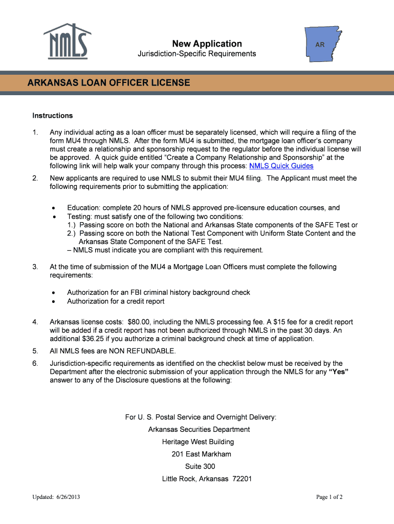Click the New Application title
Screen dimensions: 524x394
point(207,43)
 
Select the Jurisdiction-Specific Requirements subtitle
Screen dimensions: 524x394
point(197,54)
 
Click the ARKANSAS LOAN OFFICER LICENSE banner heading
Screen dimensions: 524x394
point(108,82)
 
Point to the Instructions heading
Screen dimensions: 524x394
point(53,116)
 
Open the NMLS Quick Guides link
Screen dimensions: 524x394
point(281,166)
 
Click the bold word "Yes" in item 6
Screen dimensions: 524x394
point(339,372)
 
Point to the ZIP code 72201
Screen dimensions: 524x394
point(242,479)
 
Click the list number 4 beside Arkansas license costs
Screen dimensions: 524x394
point(35,322)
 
